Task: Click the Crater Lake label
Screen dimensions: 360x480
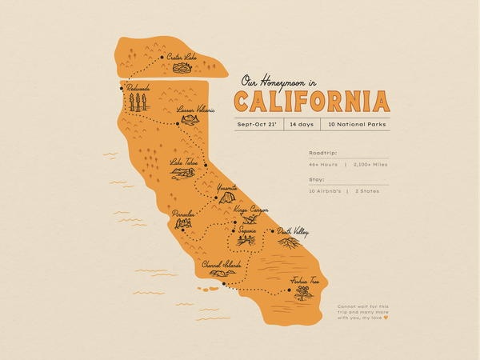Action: (182, 57)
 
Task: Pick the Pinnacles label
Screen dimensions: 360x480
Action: (183, 214)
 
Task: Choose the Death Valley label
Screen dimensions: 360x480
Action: (293, 232)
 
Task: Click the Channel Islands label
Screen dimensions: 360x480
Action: (222, 263)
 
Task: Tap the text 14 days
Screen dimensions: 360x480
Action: (301, 125)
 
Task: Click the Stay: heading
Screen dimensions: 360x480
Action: (317, 180)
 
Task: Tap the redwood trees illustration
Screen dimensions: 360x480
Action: (138, 102)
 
